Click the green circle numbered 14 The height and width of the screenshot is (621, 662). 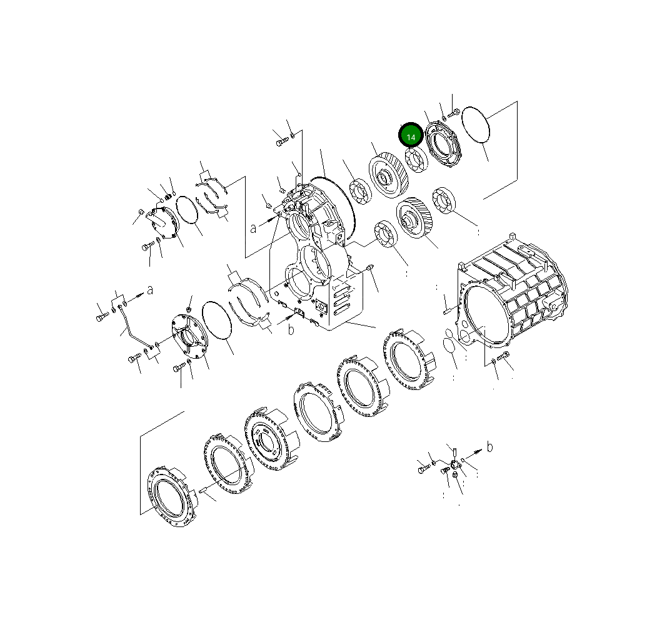pos(411,136)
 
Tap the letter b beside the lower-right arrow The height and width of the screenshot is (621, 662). pos(489,447)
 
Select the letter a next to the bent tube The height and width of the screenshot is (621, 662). pos(149,289)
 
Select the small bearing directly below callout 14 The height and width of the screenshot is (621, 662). pos(414,160)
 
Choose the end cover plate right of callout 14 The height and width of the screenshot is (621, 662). pos(442,148)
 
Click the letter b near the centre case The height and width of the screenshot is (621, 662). pos(291,330)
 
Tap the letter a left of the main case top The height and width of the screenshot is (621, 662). pos(253,228)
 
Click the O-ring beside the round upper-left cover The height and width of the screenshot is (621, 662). pos(188,208)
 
